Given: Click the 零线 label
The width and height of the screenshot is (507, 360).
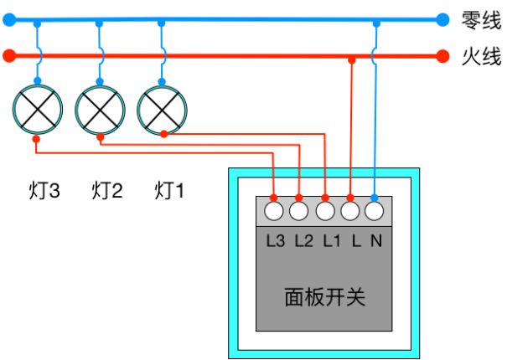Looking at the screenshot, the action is click(x=481, y=20).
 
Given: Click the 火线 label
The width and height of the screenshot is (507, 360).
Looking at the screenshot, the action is click(x=481, y=57).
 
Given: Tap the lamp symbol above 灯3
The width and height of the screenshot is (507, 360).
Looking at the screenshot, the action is click(x=38, y=109).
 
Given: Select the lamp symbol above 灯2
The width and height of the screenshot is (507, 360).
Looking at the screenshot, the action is click(x=100, y=110).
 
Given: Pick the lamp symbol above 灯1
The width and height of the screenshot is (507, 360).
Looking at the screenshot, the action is click(x=162, y=110).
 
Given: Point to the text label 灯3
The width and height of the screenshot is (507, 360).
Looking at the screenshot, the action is click(x=44, y=191).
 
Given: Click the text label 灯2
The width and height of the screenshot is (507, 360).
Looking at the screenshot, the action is click(x=107, y=191).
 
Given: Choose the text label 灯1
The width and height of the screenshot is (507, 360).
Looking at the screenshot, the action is click(x=169, y=191).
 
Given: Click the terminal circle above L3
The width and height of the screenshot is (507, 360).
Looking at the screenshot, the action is click(x=274, y=211).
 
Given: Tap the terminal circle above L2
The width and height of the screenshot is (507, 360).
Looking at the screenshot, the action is click(x=299, y=211).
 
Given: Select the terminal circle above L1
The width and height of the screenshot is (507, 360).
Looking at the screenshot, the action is click(x=325, y=211).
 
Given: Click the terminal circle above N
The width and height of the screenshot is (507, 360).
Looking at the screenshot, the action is click(x=374, y=211).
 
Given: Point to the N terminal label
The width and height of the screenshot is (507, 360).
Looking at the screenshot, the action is click(x=376, y=241).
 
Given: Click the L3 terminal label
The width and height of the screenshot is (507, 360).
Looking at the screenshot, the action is click(x=276, y=241).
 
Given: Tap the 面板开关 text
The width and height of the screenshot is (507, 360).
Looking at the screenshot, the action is click(x=325, y=297).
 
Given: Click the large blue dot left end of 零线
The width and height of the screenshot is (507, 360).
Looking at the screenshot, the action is click(x=9, y=20).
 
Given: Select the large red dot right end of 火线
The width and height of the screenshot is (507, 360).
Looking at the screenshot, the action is click(x=442, y=56).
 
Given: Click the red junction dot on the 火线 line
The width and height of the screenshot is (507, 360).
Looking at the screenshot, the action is click(x=352, y=59).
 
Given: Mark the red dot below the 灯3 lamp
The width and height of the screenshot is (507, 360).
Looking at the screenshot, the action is click(x=36, y=139).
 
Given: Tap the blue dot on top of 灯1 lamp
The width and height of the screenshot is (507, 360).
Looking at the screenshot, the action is click(x=162, y=81).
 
